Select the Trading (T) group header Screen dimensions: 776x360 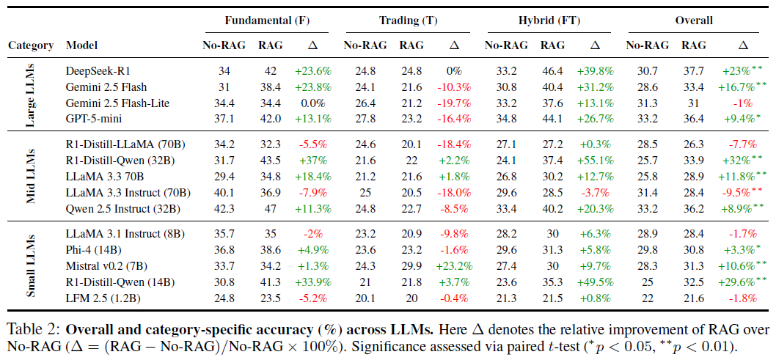(x=409, y=21)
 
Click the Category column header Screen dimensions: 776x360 (x=31, y=45)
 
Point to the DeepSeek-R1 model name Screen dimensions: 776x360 (x=92, y=71)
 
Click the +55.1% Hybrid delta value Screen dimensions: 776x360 (x=595, y=161)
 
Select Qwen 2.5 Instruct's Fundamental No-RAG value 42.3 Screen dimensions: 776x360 (x=219, y=209)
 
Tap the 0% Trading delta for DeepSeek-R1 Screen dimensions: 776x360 (x=453, y=71)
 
